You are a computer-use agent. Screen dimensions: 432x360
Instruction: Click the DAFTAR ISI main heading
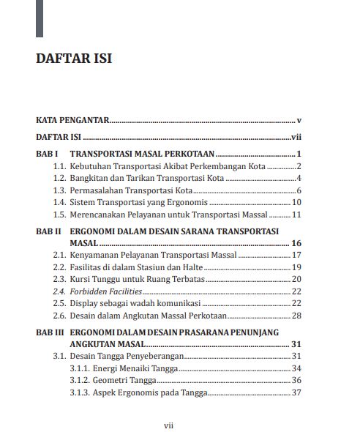coord(75,59)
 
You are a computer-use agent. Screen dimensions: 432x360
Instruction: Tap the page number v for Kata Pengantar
coord(300,119)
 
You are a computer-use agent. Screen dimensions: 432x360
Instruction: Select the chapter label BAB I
coord(47,154)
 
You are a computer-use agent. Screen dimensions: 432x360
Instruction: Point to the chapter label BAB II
coord(48,230)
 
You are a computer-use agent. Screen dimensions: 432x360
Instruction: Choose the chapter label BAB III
coord(50,331)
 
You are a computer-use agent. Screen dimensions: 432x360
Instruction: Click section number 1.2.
coord(60,179)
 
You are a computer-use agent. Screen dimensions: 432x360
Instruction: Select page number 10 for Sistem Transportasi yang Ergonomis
coord(297,203)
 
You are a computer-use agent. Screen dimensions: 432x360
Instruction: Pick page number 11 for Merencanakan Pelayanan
coord(297,215)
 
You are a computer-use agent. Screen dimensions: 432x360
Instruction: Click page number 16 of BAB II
coord(296,242)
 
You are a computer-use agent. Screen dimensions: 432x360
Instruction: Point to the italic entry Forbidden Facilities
coord(105,291)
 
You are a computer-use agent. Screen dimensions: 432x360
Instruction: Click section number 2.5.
coord(60,303)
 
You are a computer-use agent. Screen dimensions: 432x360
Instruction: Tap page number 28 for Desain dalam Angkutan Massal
coord(297,316)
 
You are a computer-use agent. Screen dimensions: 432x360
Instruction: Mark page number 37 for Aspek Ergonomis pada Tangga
coord(297,392)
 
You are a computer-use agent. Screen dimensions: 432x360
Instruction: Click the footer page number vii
coord(168,424)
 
